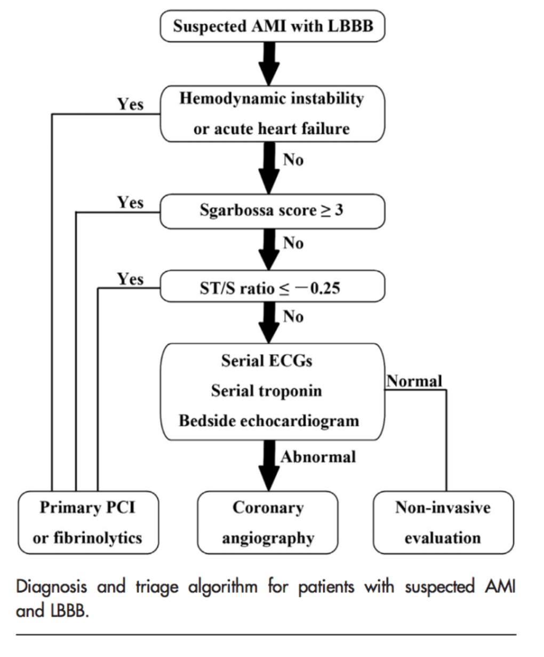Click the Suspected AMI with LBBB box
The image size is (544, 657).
coord(272,26)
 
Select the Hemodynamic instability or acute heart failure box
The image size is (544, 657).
coord(272,114)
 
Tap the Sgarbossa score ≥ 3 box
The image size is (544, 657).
coord(272,211)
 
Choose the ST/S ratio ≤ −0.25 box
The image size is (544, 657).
coord(272,288)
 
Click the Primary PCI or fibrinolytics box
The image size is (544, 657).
coord(88,522)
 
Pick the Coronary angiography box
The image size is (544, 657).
coord(268,522)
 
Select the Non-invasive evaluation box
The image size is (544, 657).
coord(443,522)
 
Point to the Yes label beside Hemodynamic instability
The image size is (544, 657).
coord(131,103)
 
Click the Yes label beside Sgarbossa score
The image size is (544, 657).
coord(131,202)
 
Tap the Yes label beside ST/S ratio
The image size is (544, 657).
coord(131,279)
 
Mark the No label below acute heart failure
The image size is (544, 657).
coord(293,159)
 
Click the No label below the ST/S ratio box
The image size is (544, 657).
coord(293,316)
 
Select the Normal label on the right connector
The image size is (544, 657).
coord(414,381)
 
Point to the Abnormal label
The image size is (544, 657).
coord(318,456)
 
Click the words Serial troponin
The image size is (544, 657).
coord(266,390)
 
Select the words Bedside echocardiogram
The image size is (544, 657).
coord(269,420)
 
